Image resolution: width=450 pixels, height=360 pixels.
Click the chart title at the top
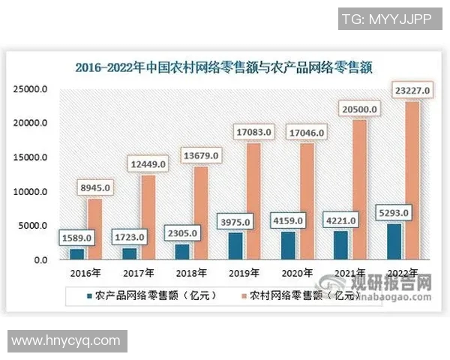(x=224, y=66)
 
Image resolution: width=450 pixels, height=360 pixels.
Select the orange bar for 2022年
(x=412, y=180)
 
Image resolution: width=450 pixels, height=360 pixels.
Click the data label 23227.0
(x=411, y=91)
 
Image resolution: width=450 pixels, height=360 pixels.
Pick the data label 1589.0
(x=76, y=238)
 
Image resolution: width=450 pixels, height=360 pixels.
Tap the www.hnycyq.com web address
(x=66, y=340)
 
